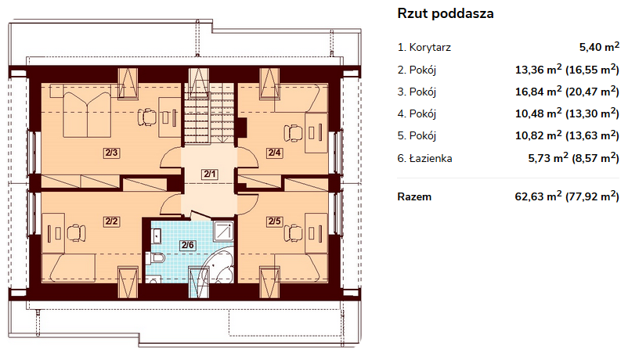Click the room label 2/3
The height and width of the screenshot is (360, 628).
[111, 153]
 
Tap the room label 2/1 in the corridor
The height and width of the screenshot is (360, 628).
[210, 175]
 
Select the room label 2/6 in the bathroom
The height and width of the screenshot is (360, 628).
[187, 245]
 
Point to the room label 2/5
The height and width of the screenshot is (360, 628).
[274, 221]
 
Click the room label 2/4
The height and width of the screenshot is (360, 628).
[274, 153]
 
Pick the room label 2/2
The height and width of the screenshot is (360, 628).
[111, 221]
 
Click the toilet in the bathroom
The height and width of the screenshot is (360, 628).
[155, 258]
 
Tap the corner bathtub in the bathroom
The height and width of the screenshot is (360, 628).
[218, 265]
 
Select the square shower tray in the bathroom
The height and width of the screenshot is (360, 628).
[223, 232]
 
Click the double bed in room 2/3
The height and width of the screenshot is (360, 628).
[86, 114]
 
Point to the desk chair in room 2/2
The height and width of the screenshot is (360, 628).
[76, 233]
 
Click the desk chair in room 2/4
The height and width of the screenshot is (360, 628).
[293, 133]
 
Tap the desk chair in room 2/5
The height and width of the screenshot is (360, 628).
[293, 233]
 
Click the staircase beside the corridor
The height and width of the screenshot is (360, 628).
[208, 113]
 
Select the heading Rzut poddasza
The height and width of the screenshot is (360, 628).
[446, 13]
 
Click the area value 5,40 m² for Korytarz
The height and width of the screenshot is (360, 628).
[599, 46]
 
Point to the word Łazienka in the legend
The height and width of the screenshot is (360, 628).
[431, 158]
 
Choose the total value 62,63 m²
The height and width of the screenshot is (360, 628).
[538, 196]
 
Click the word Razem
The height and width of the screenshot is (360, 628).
[414, 196]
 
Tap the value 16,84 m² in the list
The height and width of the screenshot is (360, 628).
[538, 92]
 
